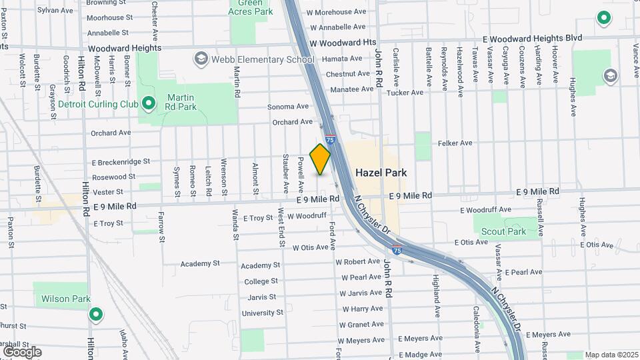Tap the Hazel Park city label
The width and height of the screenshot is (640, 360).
coord(381,172)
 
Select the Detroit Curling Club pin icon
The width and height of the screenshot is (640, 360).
coord(149,103)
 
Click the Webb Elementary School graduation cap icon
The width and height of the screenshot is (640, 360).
coord(201,59)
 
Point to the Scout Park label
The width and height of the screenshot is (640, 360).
coord(503,232)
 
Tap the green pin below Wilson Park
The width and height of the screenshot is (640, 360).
coord(96,315)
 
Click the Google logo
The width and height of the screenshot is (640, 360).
coord(22,352)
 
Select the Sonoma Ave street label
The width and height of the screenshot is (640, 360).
coord(288,106)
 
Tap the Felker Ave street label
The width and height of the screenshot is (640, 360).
coord(455,143)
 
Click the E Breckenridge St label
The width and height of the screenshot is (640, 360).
coord(121,161)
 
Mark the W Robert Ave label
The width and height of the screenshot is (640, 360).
coord(357,262)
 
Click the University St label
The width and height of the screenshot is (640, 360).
coord(262,313)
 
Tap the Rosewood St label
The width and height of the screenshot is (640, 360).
coord(113,177)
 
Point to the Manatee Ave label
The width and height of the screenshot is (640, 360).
coord(351,89)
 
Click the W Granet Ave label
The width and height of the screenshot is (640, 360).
coord(361,325)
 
